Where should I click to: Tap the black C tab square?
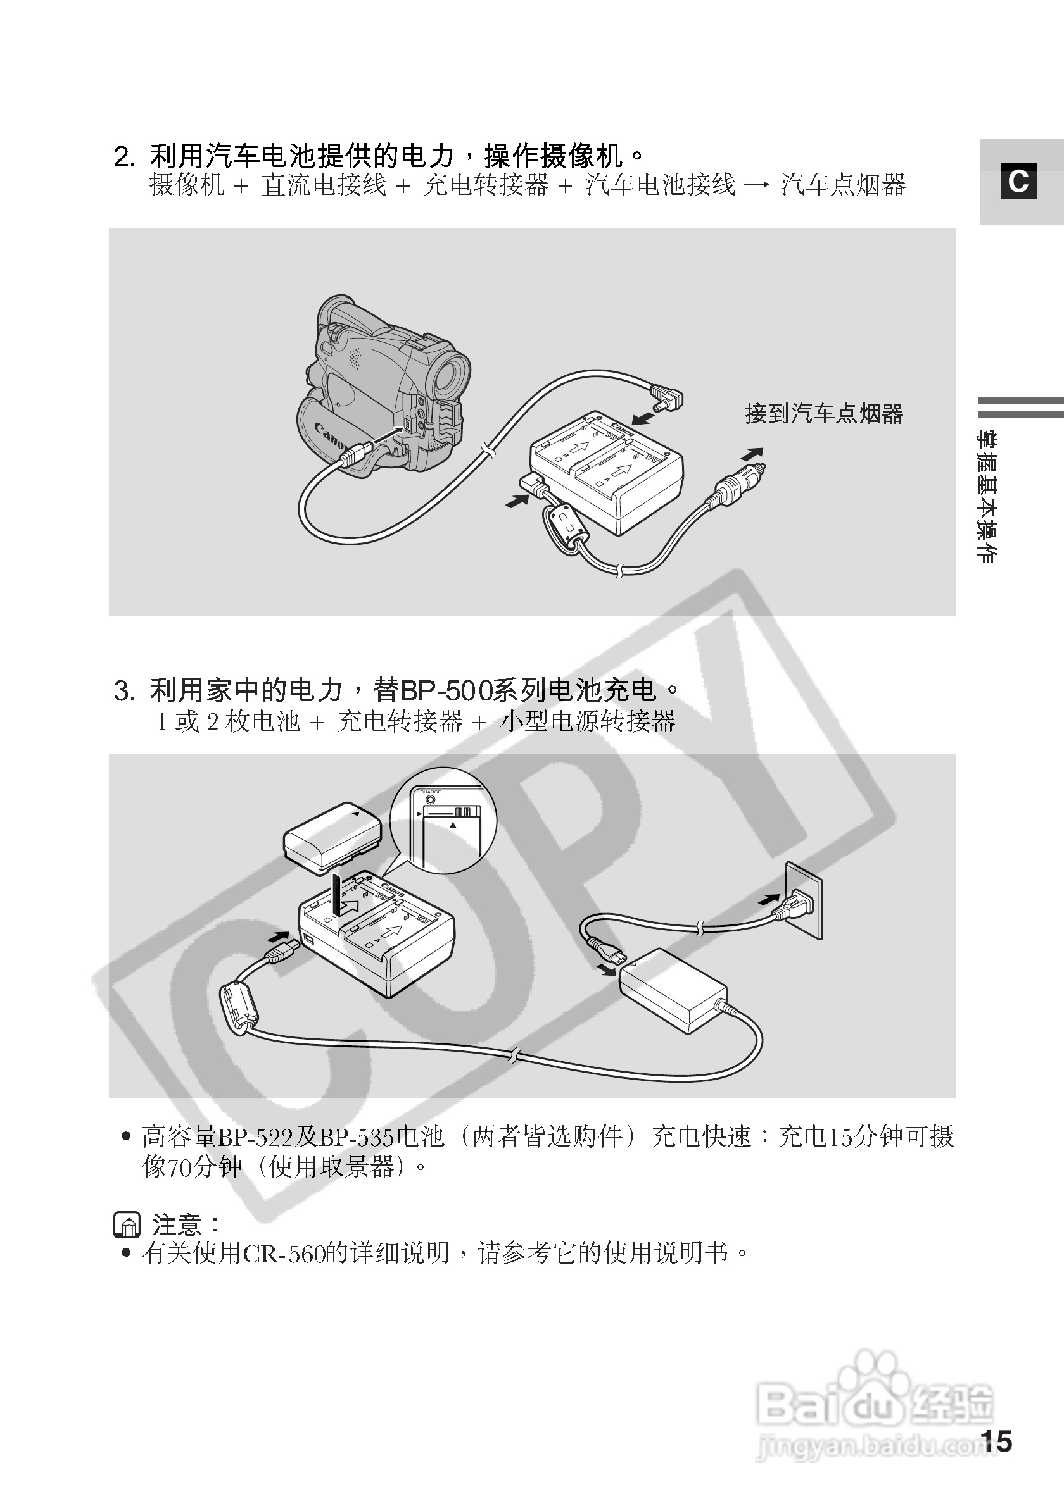click(1018, 181)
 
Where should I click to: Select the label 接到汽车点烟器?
click(824, 414)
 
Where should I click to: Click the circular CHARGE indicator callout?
click(444, 821)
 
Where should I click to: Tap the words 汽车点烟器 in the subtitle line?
click(843, 185)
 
